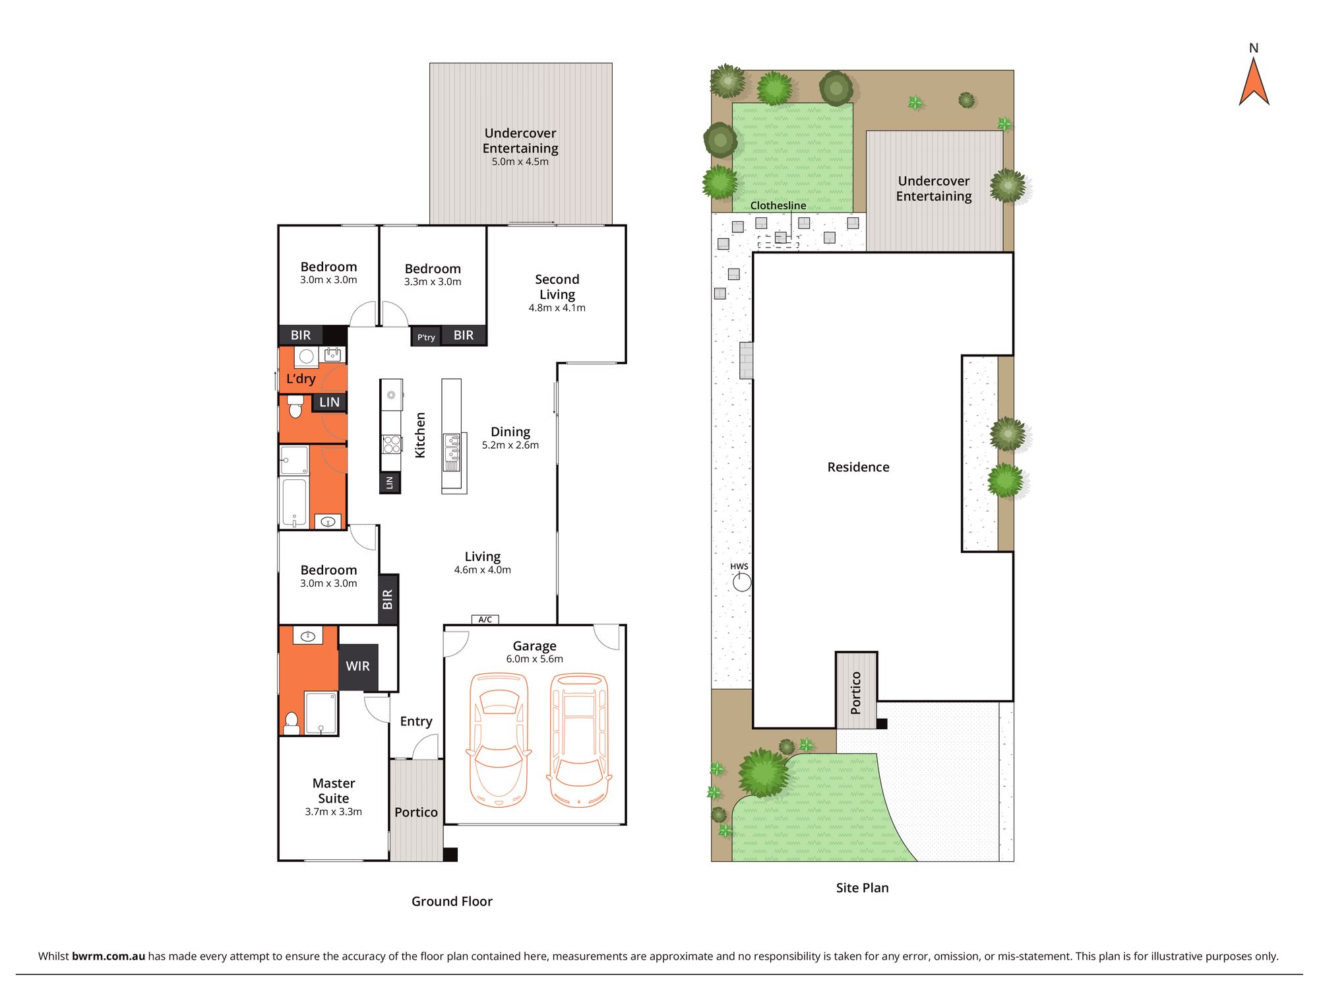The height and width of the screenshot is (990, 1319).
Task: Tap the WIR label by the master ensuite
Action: pos(357,666)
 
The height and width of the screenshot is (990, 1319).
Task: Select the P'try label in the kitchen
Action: pos(426,337)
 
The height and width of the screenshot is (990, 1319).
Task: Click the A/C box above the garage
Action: pos(485,619)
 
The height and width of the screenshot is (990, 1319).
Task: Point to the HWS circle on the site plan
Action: pos(742,582)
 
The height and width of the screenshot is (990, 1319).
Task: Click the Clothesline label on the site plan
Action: pos(778,205)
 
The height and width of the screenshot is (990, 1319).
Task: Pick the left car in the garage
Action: pos(499,739)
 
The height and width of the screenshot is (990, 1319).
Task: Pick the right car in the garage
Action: pos(579,739)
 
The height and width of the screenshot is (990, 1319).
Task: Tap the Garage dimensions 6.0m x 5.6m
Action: pos(534,659)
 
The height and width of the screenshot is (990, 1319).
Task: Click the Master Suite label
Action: pos(333,791)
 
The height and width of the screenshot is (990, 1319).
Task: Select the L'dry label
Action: pos(301,379)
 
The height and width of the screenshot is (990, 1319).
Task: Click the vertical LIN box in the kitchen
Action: pos(390,482)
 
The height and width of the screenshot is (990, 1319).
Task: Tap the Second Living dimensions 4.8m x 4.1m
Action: pos(557,308)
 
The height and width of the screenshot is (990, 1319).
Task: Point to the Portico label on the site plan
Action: pos(856,692)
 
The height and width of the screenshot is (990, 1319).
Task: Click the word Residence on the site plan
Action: pos(858,467)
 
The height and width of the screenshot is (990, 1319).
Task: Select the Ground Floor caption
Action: pos(452,902)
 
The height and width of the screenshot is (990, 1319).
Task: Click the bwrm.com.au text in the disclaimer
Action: pos(108,956)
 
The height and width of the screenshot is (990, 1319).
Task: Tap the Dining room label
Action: pos(510,432)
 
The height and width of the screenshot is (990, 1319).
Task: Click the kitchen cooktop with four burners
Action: pos(391,444)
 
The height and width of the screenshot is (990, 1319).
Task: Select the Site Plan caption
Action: pos(862,888)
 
